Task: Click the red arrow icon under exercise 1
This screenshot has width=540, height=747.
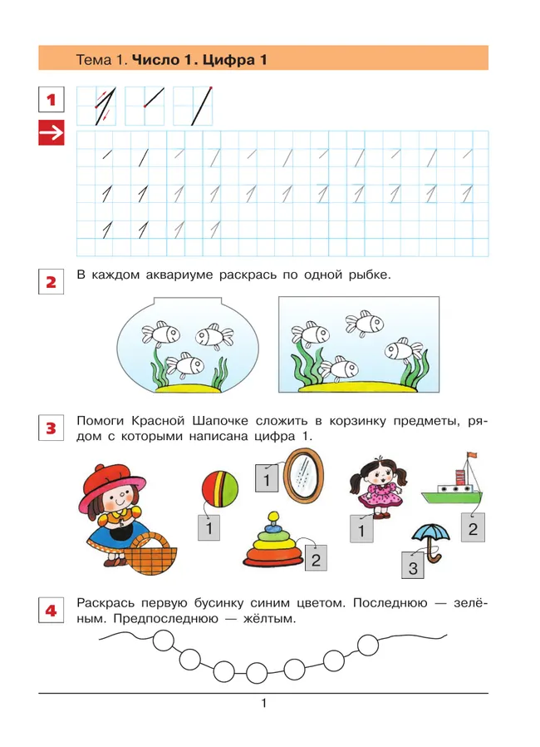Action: [x=52, y=134]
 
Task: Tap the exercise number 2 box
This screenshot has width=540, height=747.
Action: [x=52, y=282]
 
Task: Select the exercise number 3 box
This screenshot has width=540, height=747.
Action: [x=52, y=429]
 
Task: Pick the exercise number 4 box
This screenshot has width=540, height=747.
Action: [x=52, y=611]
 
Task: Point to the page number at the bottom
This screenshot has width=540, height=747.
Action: [x=263, y=705]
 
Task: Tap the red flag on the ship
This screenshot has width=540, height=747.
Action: [x=473, y=455]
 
